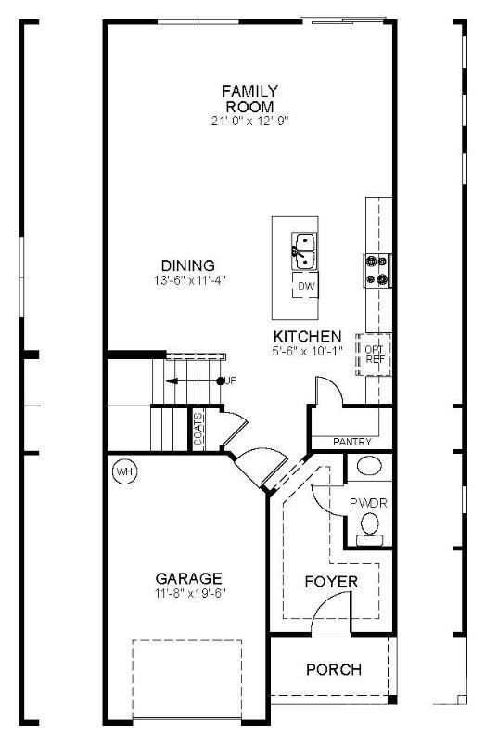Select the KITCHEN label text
pyautogui.click(x=307, y=336)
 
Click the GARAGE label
pyautogui.click(x=188, y=577)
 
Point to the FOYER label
pyautogui.click(x=331, y=581)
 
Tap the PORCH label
pyautogui.click(x=333, y=669)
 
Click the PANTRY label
pyautogui.click(x=352, y=442)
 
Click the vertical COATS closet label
pyautogui.click(x=199, y=430)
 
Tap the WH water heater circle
pyautogui.click(x=123, y=471)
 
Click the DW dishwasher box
pyautogui.click(x=307, y=288)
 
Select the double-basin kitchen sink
pyautogui.click(x=303, y=246)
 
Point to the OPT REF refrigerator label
pyautogui.click(x=375, y=354)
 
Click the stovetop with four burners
pyautogui.click(x=378, y=270)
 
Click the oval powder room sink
pyautogui.click(x=369, y=467)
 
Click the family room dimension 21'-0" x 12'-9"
pyautogui.click(x=249, y=121)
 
